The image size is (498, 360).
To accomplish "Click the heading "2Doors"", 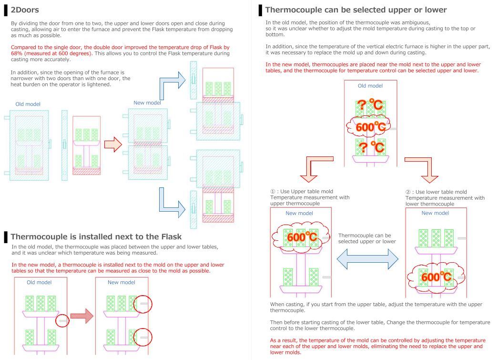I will click(x=25, y=10).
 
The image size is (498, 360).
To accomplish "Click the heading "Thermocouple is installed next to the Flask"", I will click(x=96, y=237).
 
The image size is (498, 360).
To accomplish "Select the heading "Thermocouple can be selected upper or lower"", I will click(x=356, y=10).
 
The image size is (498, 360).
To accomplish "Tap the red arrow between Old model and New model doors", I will click(x=113, y=144).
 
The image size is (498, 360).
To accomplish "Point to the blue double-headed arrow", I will click(x=367, y=259).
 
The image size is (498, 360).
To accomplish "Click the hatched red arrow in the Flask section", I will click(x=81, y=316).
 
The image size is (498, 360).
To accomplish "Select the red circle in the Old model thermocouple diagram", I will click(x=62, y=321).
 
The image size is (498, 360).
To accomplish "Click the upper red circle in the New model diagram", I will click(x=143, y=303).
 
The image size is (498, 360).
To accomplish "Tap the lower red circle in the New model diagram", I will click(x=143, y=338).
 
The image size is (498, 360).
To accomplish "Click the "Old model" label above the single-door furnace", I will click(x=28, y=104).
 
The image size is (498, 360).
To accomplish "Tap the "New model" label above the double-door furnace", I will click(x=147, y=103).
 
